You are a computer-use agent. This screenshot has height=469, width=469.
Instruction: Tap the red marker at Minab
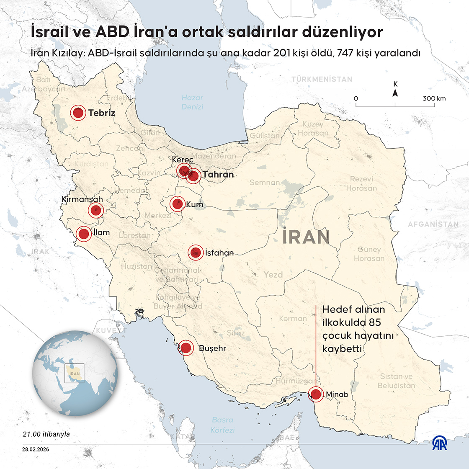[x=316, y=394]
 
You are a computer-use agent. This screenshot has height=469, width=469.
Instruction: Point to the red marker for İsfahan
[x=196, y=253]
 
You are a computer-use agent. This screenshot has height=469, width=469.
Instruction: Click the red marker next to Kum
[x=177, y=204]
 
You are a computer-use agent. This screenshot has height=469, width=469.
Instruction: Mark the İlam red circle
[x=83, y=234]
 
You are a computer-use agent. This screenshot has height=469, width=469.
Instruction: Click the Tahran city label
[x=218, y=174]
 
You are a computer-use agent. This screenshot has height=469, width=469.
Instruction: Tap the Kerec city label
[x=183, y=160]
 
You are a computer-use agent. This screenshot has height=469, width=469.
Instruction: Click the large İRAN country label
[x=306, y=237]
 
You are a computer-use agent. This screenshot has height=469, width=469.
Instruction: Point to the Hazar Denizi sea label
[x=192, y=102]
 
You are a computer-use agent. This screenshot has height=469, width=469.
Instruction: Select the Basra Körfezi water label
[x=223, y=425]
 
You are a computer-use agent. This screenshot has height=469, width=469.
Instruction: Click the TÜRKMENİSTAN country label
[x=322, y=79]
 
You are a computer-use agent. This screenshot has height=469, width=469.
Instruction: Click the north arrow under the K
[x=395, y=93]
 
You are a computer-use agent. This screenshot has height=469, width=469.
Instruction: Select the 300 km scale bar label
[x=434, y=98]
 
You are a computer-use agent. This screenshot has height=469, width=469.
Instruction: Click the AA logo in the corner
[x=439, y=443]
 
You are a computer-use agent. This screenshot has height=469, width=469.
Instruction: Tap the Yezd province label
[x=273, y=275]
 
